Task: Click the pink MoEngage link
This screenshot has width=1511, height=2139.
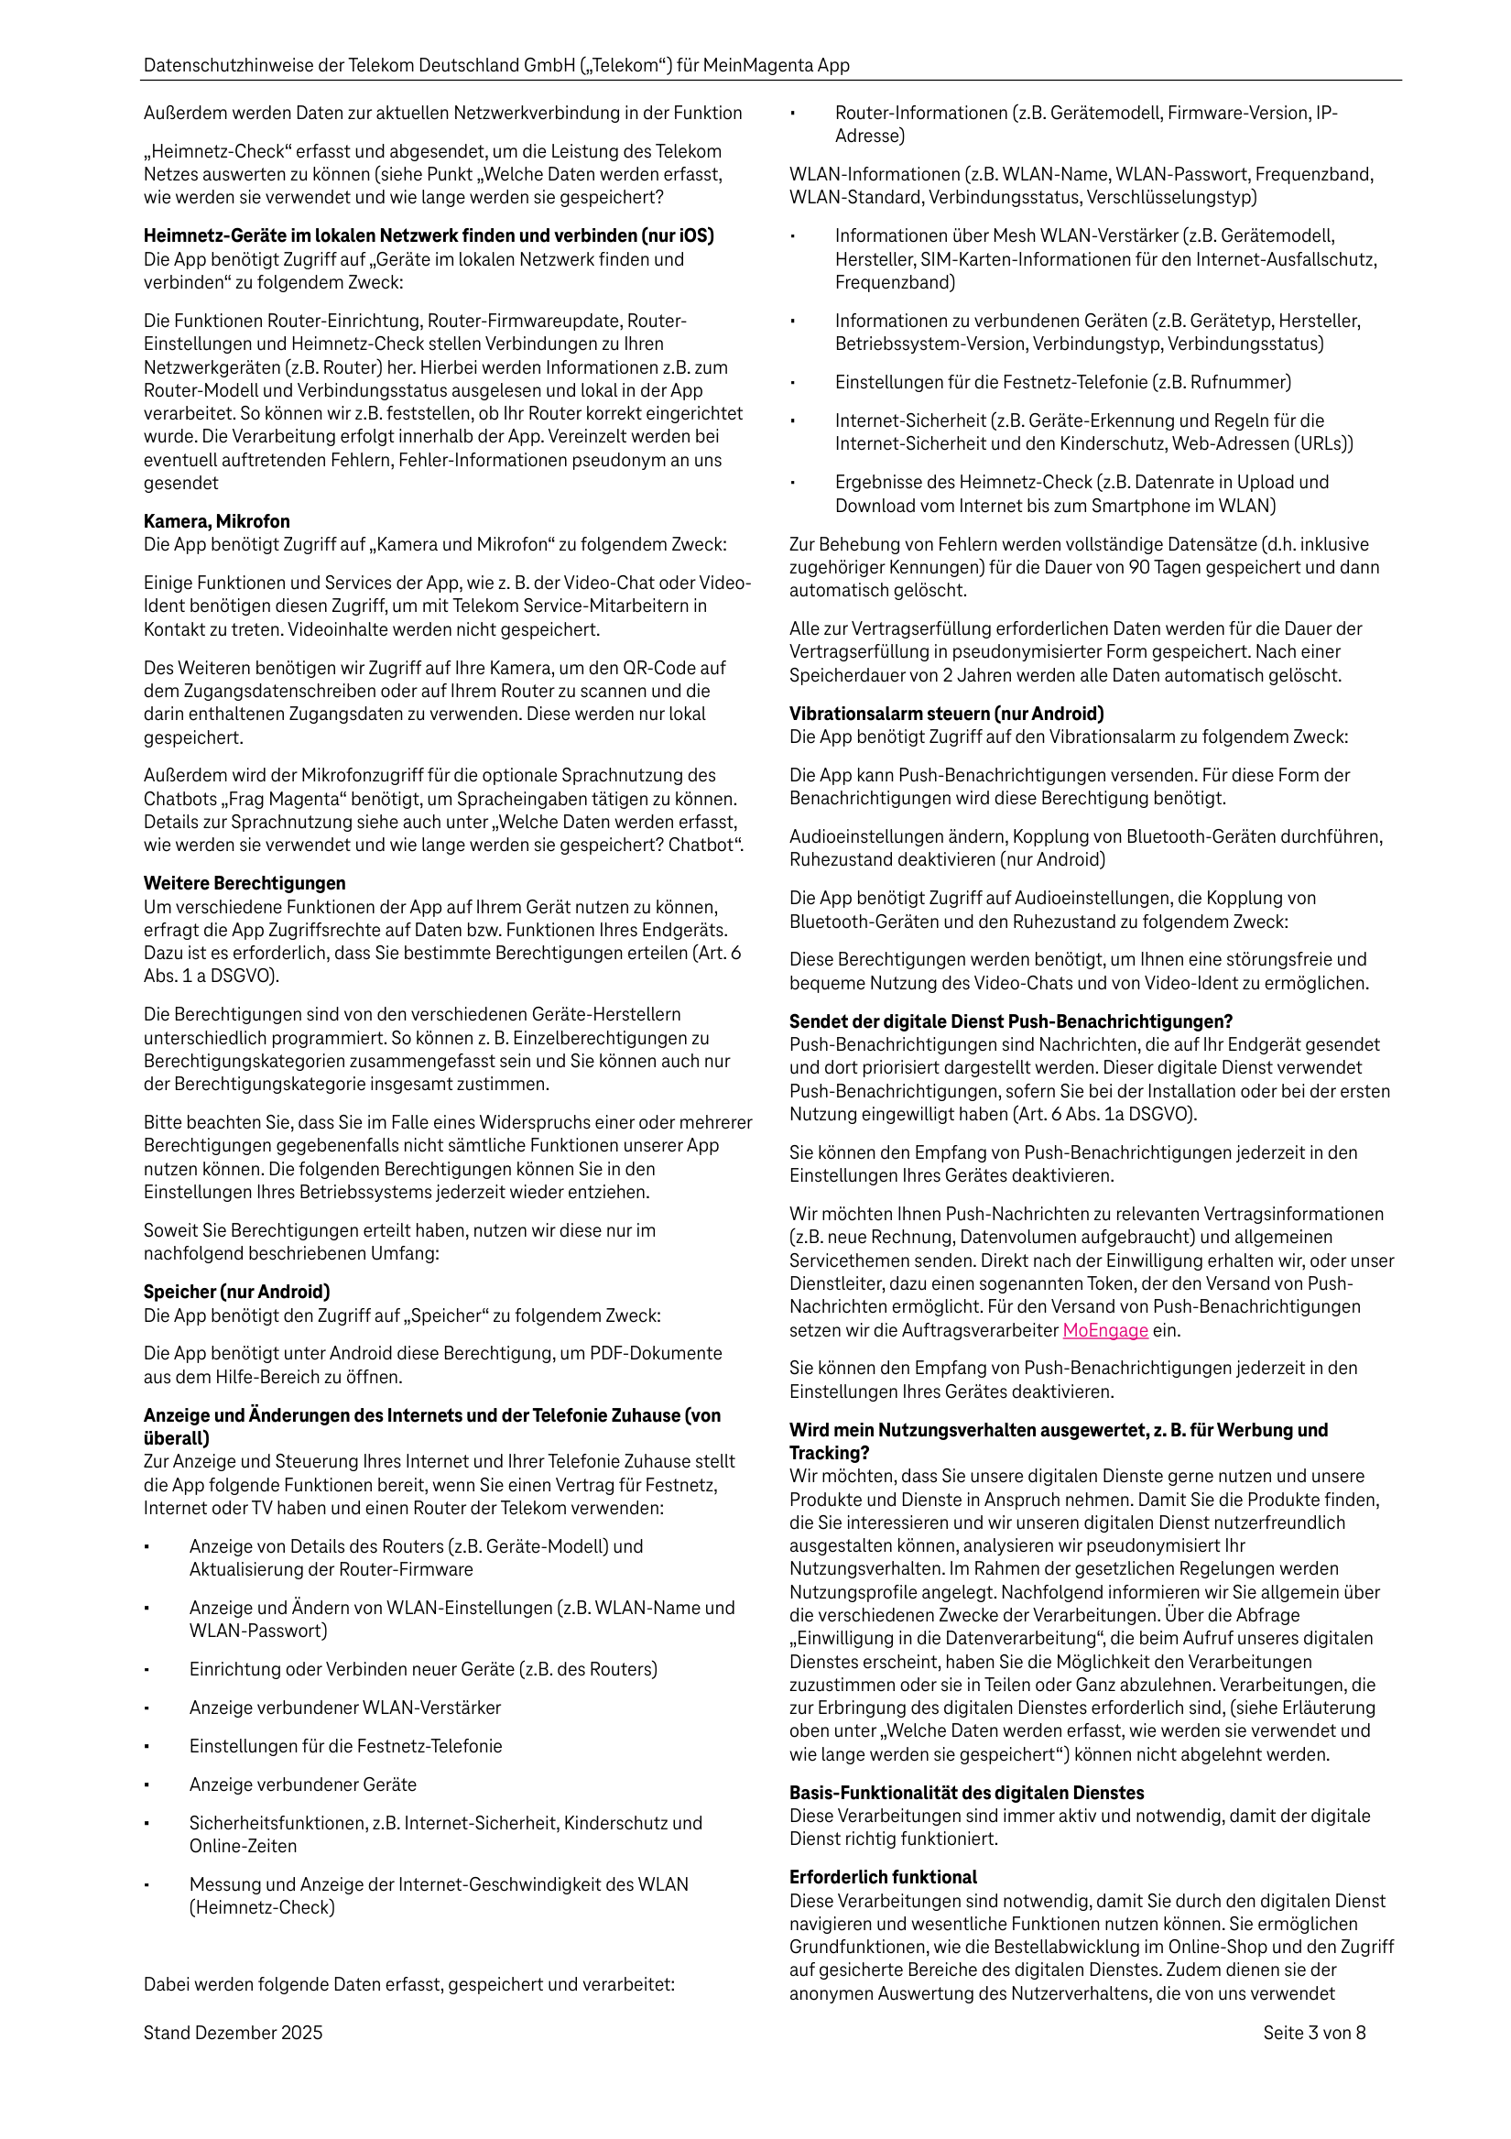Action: click(x=1104, y=1330)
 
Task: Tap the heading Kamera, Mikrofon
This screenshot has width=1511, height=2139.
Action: click(x=216, y=522)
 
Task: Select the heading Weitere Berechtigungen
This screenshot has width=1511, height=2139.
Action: click(x=245, y=883)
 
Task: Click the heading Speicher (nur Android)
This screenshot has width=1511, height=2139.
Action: click(x=236, y=1293)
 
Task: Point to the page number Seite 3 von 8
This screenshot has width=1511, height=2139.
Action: click(x=1313, y=2033)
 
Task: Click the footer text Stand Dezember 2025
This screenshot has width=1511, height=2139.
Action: click(x=233, y=2033)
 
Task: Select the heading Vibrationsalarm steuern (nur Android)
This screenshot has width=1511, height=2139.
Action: click(x=947, y=714)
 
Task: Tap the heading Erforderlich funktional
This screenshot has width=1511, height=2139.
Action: click(x=883, y=1877)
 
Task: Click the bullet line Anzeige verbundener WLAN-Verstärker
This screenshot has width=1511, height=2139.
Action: click(x=344, y=1708)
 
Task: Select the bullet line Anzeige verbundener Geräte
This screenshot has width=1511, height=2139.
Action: click(x=303, y=1784)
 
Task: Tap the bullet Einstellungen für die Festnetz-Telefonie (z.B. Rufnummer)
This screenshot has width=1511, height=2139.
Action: click(x=1063, y=382)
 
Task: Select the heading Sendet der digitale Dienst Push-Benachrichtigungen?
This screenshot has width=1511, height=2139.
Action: click(x=1011, y=1021)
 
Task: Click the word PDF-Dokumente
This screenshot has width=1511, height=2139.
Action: click(x=657, y=1353)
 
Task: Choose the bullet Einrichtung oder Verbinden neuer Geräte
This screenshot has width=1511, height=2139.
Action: click(x=423, y=1669)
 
